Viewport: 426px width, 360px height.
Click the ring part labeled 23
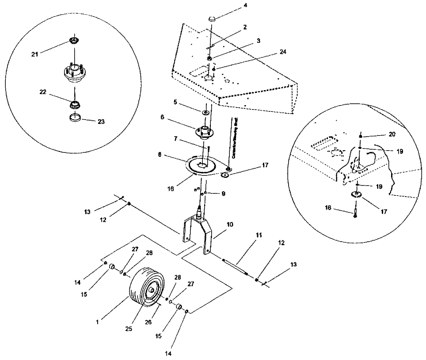pyautogui.click(x=76, y=118)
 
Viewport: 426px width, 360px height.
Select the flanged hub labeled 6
pyautogui.click(x=204, y=131)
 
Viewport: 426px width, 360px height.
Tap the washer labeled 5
pyautogui.click(x=206, y=113)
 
